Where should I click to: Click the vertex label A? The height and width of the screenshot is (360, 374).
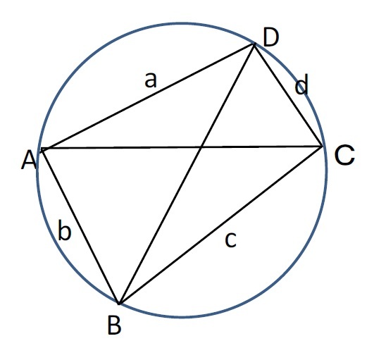pos(29,161)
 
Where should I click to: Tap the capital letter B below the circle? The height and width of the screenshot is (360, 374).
pos(115,325)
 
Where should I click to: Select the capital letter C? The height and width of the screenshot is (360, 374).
pos(344,155)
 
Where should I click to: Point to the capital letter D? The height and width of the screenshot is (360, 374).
pos(271,37)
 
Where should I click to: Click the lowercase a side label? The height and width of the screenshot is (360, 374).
pos(151,80)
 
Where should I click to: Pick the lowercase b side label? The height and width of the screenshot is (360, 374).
pos(64,230)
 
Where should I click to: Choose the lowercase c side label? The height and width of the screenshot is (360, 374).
pos(230,240)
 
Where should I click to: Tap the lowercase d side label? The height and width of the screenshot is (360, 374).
pos(301,85)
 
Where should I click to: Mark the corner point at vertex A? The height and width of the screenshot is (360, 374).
pos(42,149)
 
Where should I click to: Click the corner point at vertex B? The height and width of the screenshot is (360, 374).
pos(119,304)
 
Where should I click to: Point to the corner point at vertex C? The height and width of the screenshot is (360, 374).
pos(322,146)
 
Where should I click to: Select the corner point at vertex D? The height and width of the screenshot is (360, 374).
pos(254,44)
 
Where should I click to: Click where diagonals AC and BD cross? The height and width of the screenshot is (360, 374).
pos(201,147)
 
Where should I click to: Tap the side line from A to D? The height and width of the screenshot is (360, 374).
pos(148,97)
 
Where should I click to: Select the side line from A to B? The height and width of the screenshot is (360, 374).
pos(80,226)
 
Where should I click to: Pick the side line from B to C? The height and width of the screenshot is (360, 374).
pos(220,225)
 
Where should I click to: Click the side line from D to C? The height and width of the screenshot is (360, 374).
pos(288,95)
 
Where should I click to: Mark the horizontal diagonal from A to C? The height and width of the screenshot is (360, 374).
pos(182,147)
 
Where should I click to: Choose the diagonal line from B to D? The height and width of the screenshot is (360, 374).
pos(187,174)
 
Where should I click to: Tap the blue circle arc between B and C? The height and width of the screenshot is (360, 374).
pos(280,278)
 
